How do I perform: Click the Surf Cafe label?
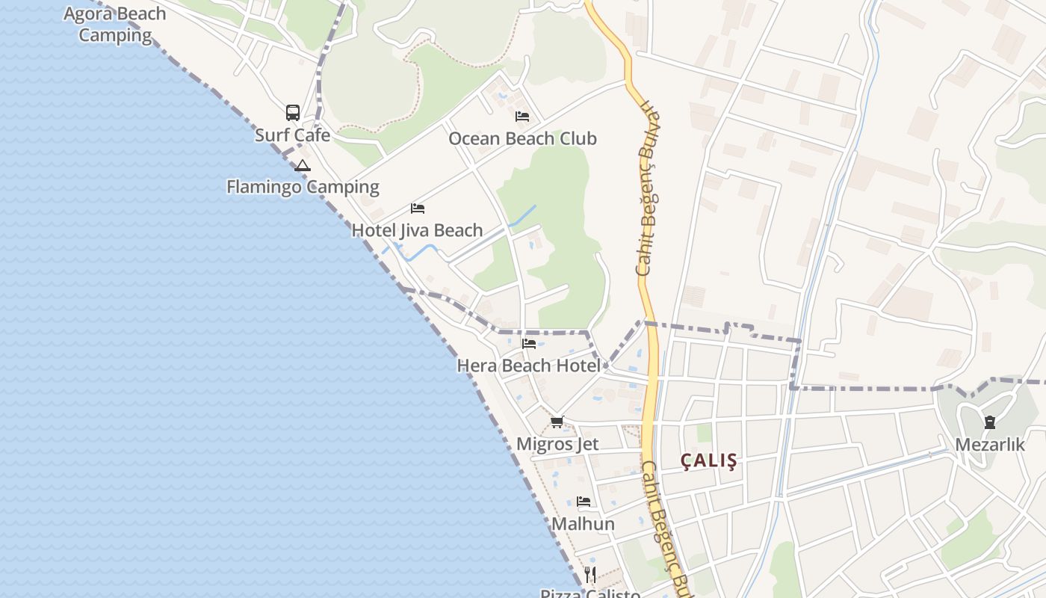(292, 135)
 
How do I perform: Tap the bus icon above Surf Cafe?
(293, 113)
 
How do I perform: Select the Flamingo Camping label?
(303, 187)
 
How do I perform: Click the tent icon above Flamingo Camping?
(302, 165)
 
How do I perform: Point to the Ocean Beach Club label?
(522, 138)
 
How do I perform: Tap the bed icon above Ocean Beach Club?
(522, 116)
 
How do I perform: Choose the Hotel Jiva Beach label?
(417, 230)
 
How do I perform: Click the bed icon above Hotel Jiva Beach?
(418, 208)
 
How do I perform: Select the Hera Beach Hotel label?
(528, 366)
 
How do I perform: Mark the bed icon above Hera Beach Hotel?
(529, 344)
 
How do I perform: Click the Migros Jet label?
(557, 444)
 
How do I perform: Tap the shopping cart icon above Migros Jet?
(557, 422)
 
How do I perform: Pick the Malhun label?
(584, 524)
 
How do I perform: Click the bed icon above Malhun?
(584, 502)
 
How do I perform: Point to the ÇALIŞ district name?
(709, 461)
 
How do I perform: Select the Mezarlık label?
(990, 445)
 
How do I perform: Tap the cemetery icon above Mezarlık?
(990, 422)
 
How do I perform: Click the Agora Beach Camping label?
(115, 24)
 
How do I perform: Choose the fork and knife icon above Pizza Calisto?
(590, 574)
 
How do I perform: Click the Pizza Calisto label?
(590, 594)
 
